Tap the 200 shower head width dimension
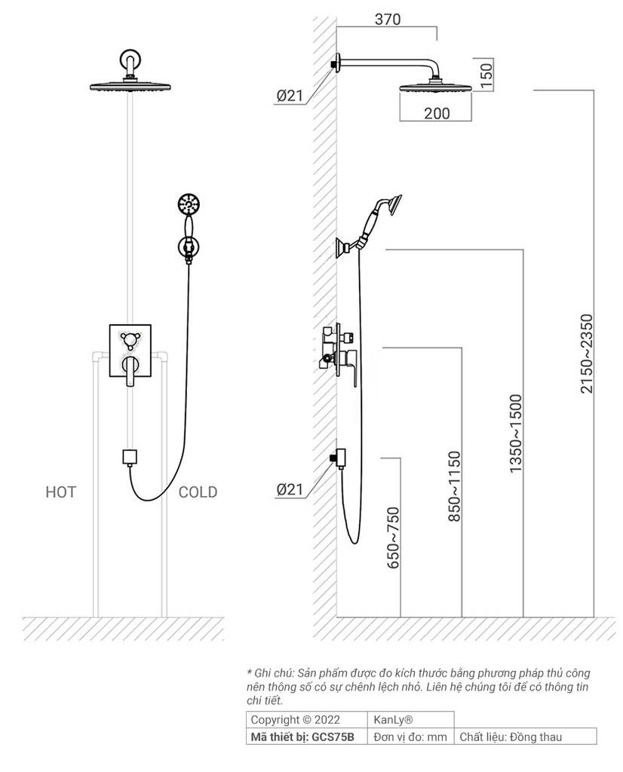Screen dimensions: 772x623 (x=437, y=113)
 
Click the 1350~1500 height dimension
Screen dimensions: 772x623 (x=516, y=433)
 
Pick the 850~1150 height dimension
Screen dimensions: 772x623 (x=454, y=487)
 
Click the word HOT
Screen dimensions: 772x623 (x=60, y=492)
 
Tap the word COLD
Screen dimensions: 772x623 (x=198, y=492)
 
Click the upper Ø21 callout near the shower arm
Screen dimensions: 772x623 (x=290, y=95)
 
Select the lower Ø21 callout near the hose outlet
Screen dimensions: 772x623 (x=290, y=489)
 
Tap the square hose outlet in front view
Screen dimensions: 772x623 (x=130, y=456)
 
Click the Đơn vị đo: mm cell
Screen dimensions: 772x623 (x=411, y=737)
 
